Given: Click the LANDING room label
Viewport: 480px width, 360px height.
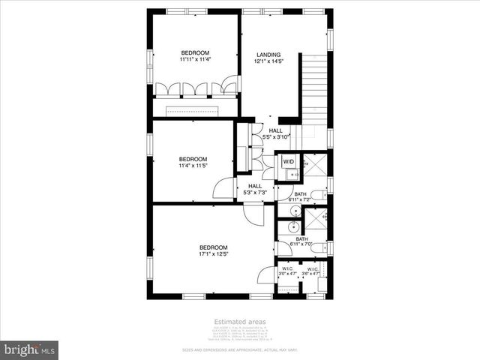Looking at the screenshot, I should coord(268,53).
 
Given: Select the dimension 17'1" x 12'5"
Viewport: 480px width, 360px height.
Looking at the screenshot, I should coord(213,255).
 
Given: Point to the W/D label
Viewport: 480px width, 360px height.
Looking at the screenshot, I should coord(289,161).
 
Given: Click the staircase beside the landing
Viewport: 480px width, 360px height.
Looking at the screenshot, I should coord(313,86).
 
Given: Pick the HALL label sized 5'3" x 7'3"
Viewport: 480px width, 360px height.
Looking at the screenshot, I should coord(255,186).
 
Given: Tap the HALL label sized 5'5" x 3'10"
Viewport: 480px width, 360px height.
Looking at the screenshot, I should coord(276,130).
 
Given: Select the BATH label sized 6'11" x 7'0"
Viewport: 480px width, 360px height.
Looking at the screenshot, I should coord(301,238).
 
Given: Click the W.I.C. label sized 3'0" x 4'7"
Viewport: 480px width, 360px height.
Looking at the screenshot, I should coord(288,268).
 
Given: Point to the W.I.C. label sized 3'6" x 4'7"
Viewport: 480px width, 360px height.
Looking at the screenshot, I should coord(312,268).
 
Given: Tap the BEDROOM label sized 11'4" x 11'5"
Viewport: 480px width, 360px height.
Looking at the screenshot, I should coord(193,159).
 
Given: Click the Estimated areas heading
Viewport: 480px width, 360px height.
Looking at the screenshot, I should coord(239,322).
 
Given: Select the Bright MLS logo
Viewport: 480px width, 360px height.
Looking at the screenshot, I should coord(29,349).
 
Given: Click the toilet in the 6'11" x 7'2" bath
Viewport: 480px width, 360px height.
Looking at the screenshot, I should coord(318,196).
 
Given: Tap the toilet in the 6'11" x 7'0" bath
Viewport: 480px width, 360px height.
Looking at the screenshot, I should coord(318,247).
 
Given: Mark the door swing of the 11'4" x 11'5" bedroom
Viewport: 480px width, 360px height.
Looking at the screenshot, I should coord(224,188).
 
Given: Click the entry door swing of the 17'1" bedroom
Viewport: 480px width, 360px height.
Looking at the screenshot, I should coord(255,214).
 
